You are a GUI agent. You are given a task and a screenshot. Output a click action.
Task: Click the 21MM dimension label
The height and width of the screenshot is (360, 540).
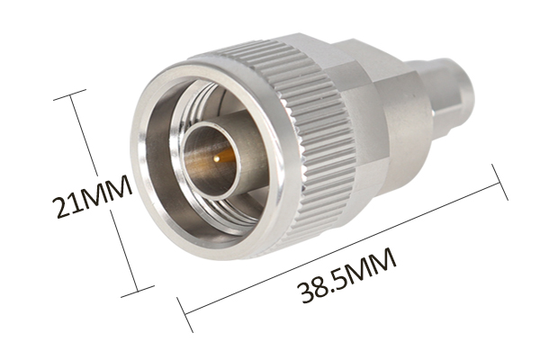click(x=92, y=196)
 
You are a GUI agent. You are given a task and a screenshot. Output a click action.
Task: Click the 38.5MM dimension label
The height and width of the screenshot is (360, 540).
click(x=347, y=275)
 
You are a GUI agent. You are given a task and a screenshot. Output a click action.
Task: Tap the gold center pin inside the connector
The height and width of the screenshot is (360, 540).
click(x=217, y=158)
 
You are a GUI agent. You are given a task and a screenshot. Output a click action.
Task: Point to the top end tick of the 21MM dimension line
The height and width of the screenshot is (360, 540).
click(x=70, y=94)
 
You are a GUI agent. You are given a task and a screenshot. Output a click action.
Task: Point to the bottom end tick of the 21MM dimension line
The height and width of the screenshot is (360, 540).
click(x=138, y=291)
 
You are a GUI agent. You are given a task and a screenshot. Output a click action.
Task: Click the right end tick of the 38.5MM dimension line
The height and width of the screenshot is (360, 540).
click(x=499, y=182)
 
